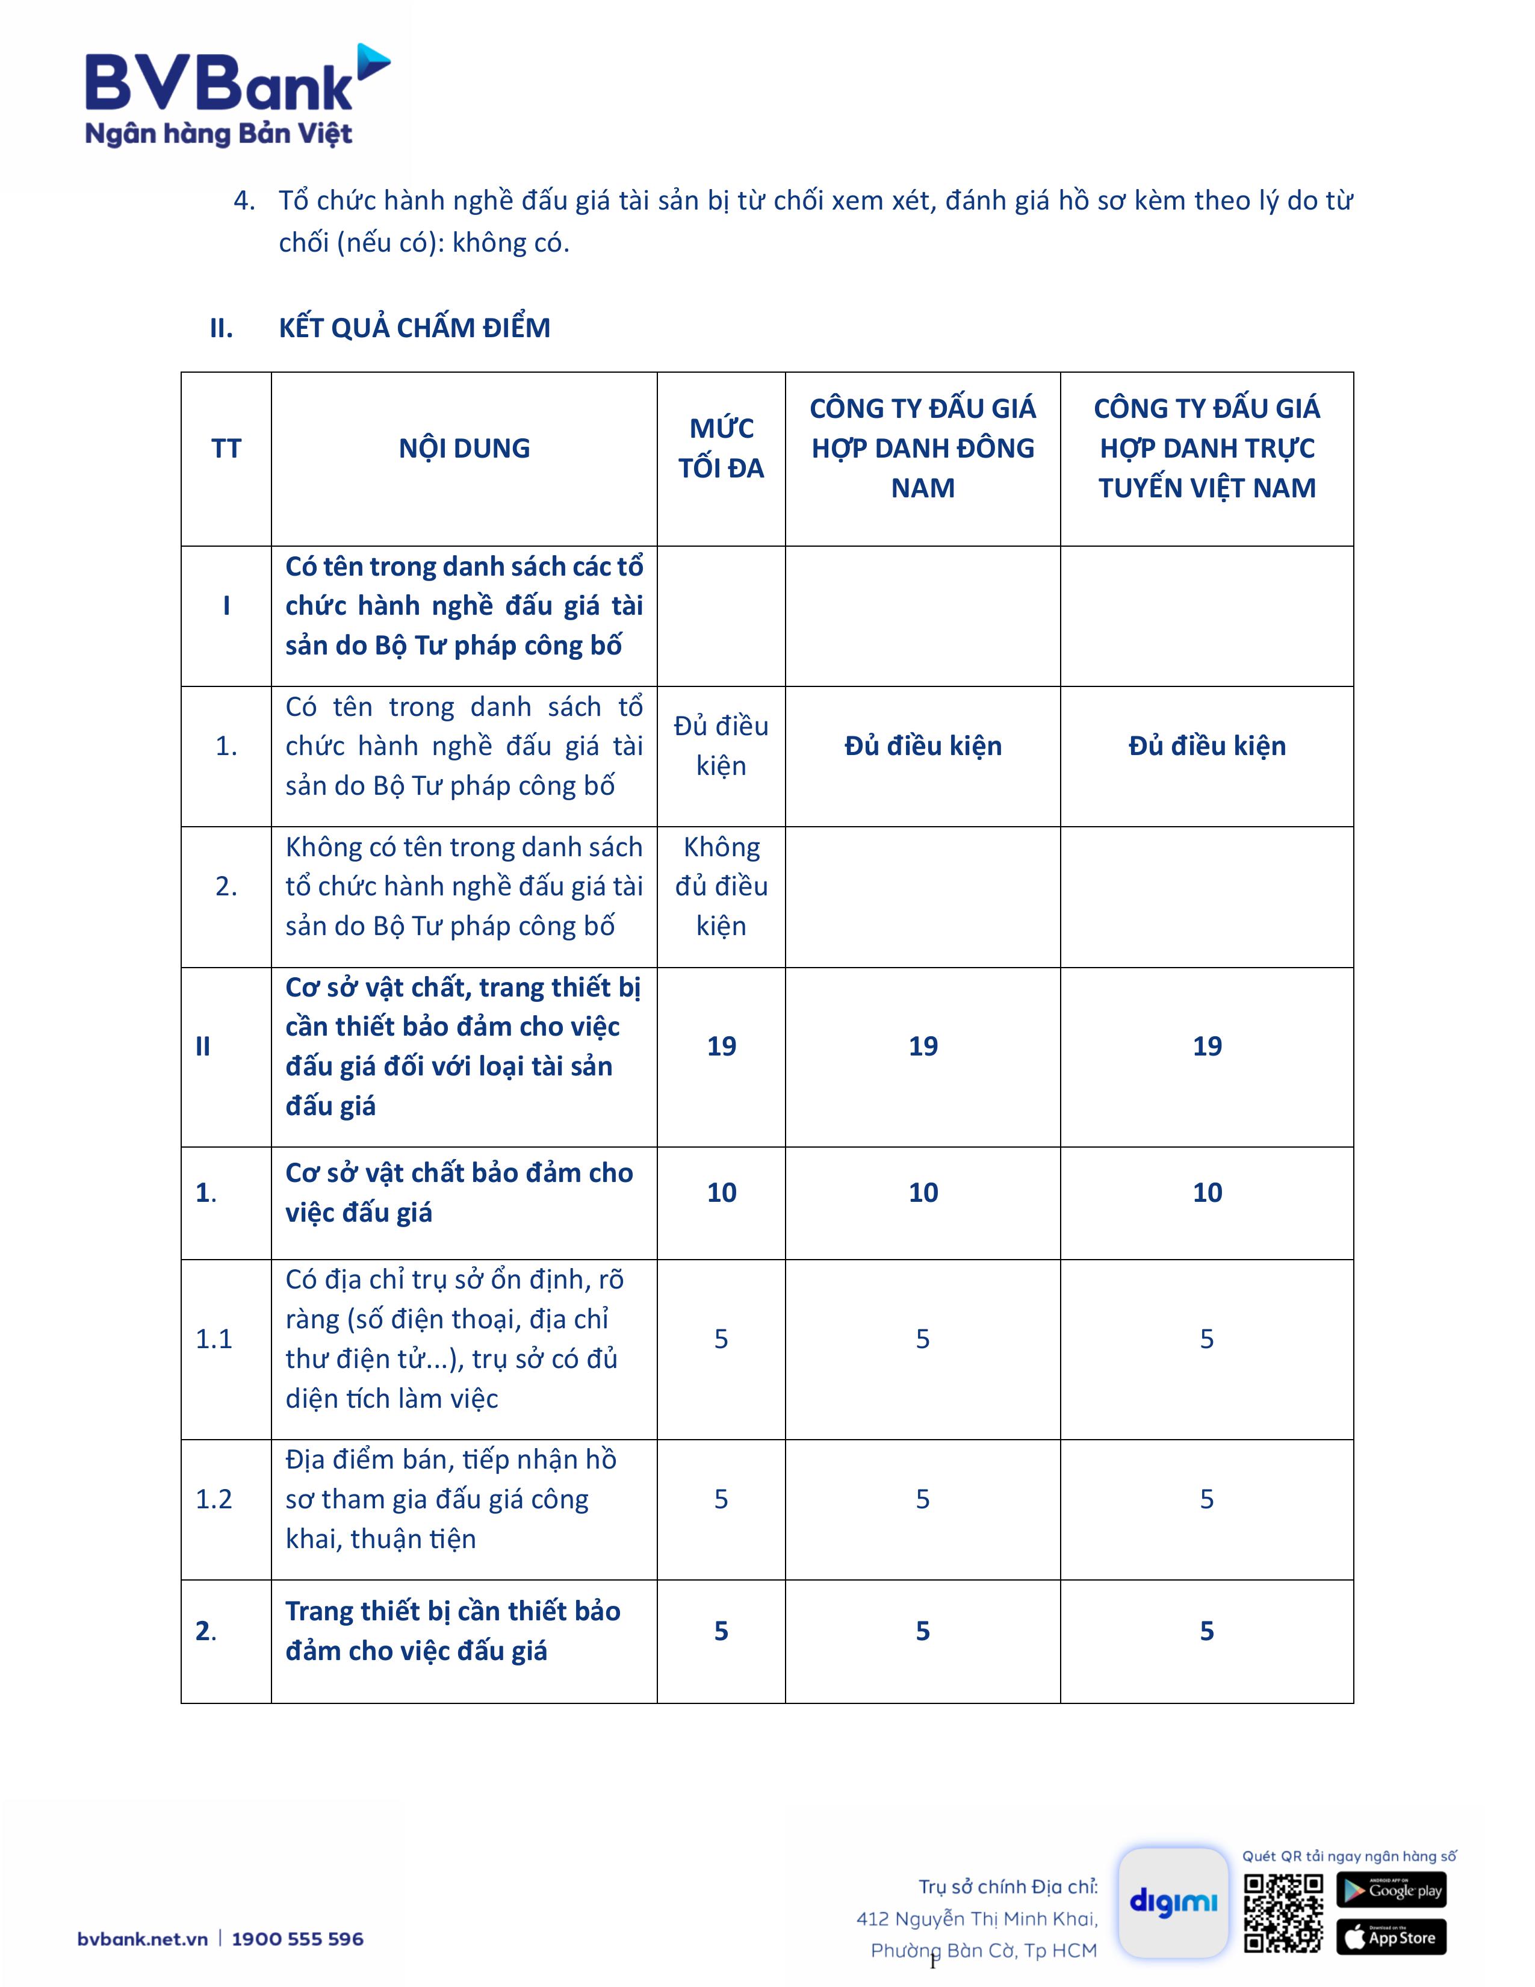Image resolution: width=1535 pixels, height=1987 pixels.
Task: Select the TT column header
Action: pyautogui.click(x=226, y=449)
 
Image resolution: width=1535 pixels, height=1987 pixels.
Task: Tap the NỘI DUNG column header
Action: pyautogui.click(x=464, y=449)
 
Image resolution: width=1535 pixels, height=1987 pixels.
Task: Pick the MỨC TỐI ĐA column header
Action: pyautogui.click(x=721, y=449)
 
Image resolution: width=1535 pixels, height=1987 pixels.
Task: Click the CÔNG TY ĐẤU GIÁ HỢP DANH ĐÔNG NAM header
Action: pyautogui.click(x=922, y=449)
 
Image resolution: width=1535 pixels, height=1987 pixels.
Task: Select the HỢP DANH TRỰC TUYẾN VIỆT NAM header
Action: pyautogui.click(x=1207, y=449)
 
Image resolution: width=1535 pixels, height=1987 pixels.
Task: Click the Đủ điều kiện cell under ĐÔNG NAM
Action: pyautogui.click(x=922, y=746)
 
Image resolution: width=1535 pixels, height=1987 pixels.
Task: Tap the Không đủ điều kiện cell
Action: pyautogui.click(x=721, y=887)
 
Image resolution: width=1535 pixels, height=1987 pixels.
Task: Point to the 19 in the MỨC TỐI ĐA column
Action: pyautogui.click(x=721, y=1046)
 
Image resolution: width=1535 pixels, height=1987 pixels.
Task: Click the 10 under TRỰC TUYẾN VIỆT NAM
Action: pyautogui.click(x=1207, y=1193)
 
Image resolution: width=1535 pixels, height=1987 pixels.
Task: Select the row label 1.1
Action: pyautogui.click(x=215, y=1339)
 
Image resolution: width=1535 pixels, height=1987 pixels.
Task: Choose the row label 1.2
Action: pyautogui.click(x=215, y=1499)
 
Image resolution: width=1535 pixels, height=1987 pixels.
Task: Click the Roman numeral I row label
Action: pyautogui.click(x=226, y=606)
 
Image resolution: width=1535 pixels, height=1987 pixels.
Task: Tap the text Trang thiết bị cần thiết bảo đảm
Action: pyautogui.click(x=453, y=1611)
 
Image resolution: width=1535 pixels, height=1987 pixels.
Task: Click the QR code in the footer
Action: pyautogui.click(x=1283, y=1914)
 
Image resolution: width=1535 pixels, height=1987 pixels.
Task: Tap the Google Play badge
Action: pyautogui.click(x=1391, y=1889)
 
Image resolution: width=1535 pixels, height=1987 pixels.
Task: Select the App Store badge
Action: pyautogui.click(x=1391, y=1937)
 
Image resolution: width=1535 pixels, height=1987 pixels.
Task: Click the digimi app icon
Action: pyautogui.click(x=1173, y=1902)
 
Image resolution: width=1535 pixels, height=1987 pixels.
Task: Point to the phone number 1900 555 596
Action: pyautogui.click(x=297, y=1939)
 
